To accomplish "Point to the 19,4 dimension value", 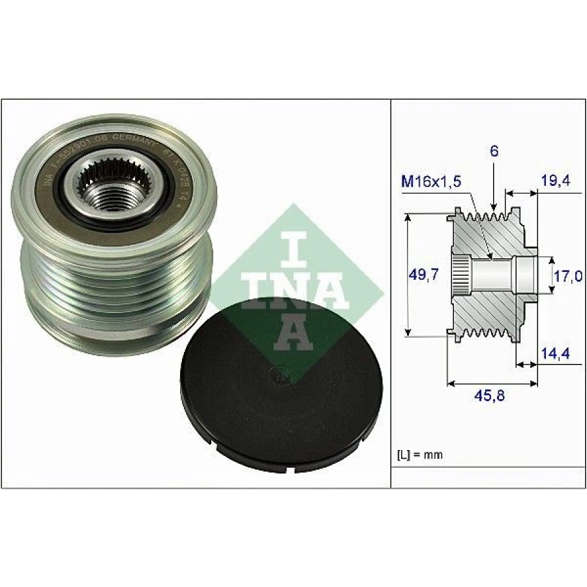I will click(556, 181).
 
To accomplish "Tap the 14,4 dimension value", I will click(556, 355).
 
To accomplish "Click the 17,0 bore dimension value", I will click(567, 276).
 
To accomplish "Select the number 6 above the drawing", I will click(494, 151).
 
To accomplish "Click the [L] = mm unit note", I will click(420, 455).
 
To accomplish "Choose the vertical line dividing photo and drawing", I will click(390, 293).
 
